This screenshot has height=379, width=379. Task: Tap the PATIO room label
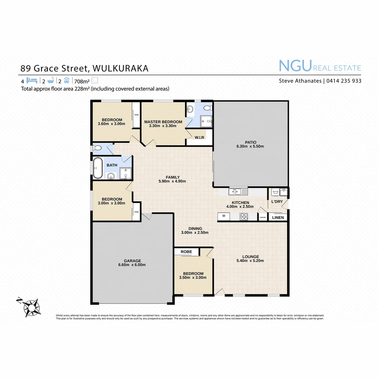(x=251, y=142)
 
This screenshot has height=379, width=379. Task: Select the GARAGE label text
(x=132, y=261)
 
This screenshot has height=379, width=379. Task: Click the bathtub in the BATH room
(x=97, y=168)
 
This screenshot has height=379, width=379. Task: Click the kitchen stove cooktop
(x=244, y=217)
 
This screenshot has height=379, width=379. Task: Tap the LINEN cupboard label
(x=278, y=218)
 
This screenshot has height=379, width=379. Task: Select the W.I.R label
(x=200, y=138)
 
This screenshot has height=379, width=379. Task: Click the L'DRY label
(x=277, y=202)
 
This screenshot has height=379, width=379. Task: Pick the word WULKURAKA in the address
(x=119, y=68)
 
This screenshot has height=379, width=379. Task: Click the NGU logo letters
(x=295, y=66)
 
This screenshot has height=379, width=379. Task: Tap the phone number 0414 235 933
(x=344, y=81)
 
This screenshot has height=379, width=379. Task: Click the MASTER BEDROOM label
(x=163, y=122)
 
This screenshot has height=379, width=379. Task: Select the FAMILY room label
(x=173, y=177)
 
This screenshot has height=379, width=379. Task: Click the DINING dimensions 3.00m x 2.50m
(x=195, y=232)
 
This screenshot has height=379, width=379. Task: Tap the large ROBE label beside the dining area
(x=186, y=252)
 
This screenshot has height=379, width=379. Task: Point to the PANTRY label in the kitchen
(x=263, y=218)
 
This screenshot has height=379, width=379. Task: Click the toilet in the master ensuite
(x=208, y=107)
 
